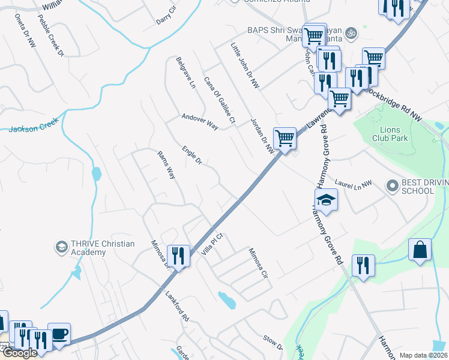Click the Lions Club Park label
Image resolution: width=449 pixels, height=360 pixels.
pyautogui.click(x=394, y=134)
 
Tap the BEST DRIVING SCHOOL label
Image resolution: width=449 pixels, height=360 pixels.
pyautogui.click(x=418, y=187)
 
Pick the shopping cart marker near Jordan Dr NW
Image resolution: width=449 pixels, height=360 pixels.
pyautogui.click(x=285, y=138)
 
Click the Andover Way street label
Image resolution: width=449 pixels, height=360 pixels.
pyautogui.click(x=200, y=121)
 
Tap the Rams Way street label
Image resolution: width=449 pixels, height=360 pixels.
pyautogui.click(x=166, y=164)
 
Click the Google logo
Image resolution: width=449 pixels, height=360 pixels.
pyautogui.click(x=20, y=353)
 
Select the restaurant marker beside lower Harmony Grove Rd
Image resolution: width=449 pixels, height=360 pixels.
pyautogui.click(x=363, y=265)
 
